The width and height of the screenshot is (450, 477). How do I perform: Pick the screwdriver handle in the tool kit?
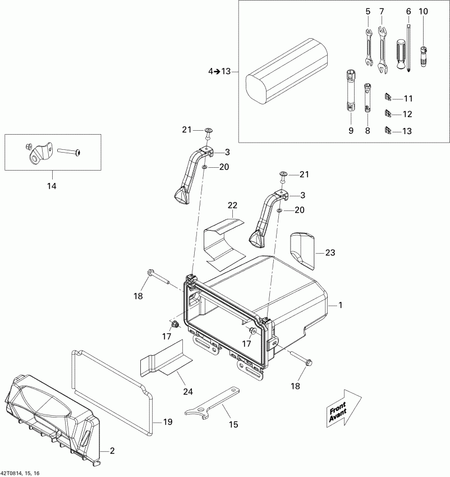pos(401,54)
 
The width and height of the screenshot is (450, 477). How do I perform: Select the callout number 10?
pos(423,11)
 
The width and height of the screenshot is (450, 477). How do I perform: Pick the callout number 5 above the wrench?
pos(368,11)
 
